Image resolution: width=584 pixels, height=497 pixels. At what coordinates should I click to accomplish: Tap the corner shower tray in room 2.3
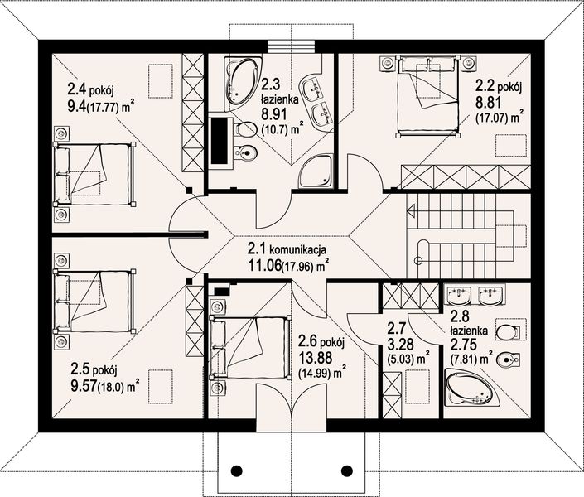[316, 171]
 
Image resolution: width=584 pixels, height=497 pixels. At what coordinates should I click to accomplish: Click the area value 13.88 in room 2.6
[313, 355]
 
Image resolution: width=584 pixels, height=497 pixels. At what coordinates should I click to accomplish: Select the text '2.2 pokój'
[497, 85]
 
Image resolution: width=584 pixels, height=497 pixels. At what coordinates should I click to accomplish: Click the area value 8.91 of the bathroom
[275, 115]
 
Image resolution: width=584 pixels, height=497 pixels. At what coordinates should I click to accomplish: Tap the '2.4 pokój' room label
[94, 87]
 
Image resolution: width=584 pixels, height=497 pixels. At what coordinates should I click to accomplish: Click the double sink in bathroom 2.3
[318, 99]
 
